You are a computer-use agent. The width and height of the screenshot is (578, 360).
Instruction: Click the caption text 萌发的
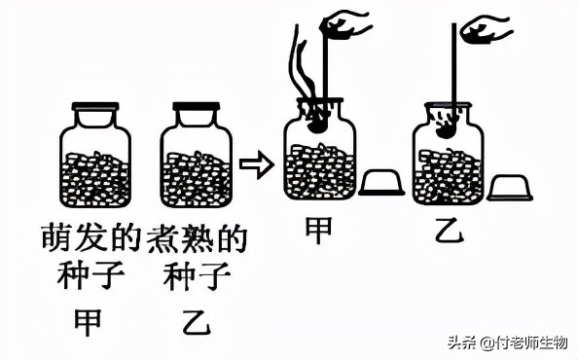click(x=95, y=236)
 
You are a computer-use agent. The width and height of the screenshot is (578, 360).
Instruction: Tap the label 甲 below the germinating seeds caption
click(x=89, y=323)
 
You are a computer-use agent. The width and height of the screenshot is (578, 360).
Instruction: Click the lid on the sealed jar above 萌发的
click(x=95, y=106)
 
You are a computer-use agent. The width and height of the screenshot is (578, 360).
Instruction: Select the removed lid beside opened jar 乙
click(x=509, y=186)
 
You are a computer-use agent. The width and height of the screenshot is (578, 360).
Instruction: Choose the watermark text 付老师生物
click(x=529, y=342)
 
